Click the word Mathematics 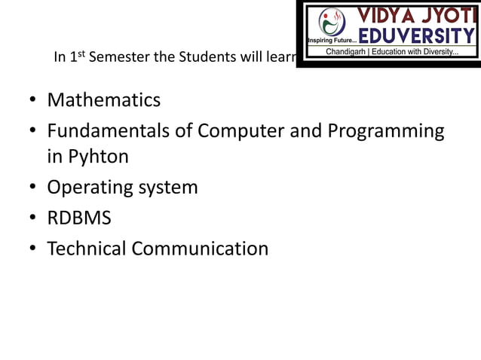[103, 100]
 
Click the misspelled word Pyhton [98, 157]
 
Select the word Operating [88, 188]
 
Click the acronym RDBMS [79, 218]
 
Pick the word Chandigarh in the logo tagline [350, 52]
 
